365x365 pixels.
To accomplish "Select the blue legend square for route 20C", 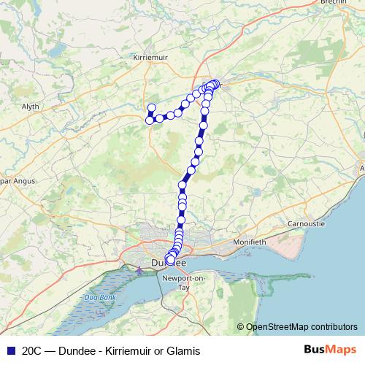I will point(10,350).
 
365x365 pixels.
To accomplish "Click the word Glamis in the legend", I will point(184,351).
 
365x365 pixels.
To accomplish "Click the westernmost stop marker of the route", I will point(150,120).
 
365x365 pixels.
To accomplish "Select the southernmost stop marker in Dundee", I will point(171,261).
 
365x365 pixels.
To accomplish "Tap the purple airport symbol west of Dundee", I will point(139,270).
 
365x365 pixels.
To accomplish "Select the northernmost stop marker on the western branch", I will point(152,108).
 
